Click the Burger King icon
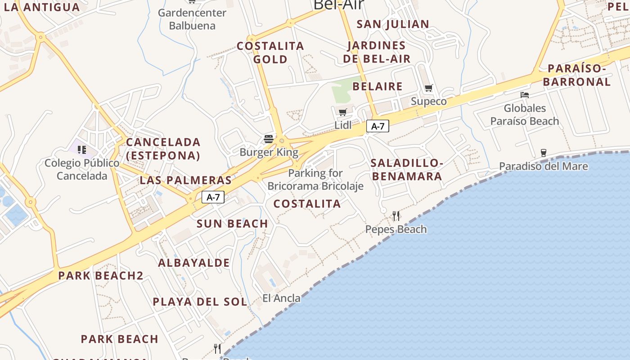[x=269, y=139]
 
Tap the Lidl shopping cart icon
[x=342, y=112]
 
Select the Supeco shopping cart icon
[x=428, y=88]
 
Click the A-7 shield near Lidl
[x=378, y=126]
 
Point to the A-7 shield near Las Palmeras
[x=213, y=197]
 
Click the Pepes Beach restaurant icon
[x=396, y=216]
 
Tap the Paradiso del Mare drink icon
[x=543, y=153]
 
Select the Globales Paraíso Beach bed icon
[x=524, y=95]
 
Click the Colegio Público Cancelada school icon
[x=81, y=149]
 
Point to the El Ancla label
[x=281, y=298]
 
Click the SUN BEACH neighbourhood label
[x=232, y=224]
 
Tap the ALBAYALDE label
[x=194, y=263]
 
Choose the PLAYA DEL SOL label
[x=200, y=301]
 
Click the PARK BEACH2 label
[x=101, y=276]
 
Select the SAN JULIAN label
[x=393, y=24]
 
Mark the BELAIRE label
[x=378, y=86]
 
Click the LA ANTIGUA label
[x=41, y=7]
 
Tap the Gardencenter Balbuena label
[x=192, y=19]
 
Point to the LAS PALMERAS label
[x=185, y=180]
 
